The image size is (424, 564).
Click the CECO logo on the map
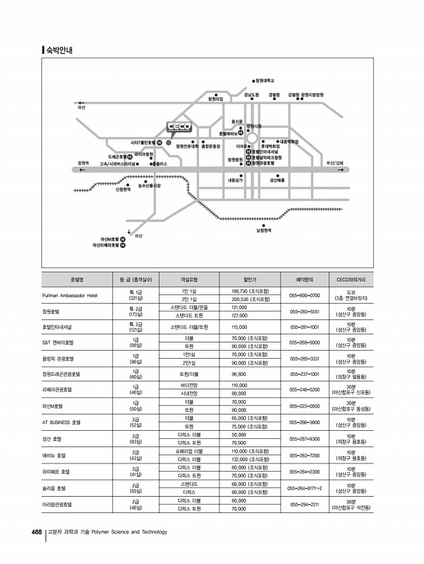[x=179, y=127]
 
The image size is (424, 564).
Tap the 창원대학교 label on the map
[x=264, y=80]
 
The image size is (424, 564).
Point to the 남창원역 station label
[x=264, y=230]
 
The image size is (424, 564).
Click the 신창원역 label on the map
[x=123, y=190]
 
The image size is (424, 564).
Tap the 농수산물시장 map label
[x=149, y=186]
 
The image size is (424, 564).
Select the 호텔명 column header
[x=77, y=279]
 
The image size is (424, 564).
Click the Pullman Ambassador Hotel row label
[x=69, y=296]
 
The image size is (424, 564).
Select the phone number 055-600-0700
[x=304, y=296]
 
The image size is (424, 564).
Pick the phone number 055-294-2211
[x=304, y=505]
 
